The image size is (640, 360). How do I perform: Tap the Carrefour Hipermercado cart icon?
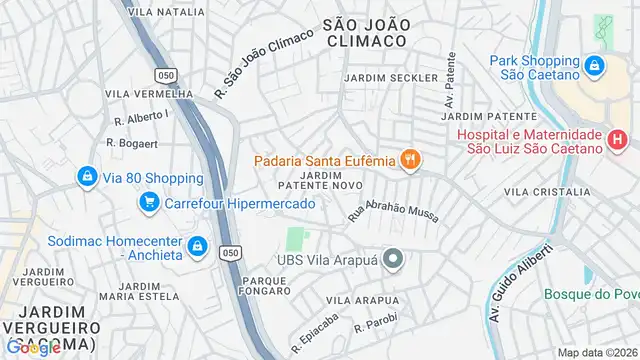149,204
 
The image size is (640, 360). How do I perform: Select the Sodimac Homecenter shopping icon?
198,245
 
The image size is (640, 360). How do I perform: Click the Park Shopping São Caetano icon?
594,67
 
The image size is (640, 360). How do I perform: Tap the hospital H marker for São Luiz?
619,141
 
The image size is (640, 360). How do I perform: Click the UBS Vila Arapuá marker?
393,261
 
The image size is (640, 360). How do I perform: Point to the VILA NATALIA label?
167,12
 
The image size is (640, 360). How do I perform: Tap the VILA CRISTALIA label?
546,191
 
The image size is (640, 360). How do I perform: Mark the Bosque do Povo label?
591,294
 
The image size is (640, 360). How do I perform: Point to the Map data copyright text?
596,352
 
